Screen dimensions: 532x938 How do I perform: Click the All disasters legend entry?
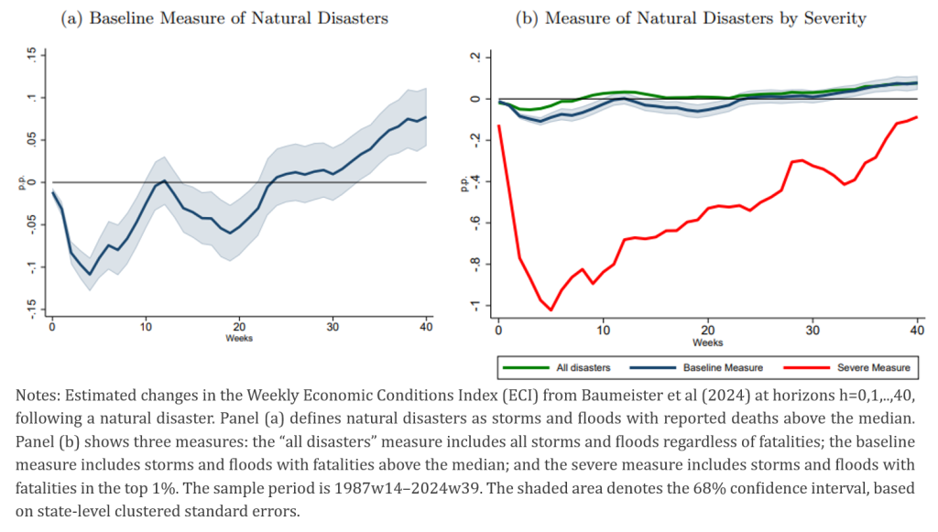[x=583, y=367]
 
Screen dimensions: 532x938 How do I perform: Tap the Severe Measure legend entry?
[x=874, y=367]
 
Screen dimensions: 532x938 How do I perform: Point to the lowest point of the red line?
[x=551, y=309]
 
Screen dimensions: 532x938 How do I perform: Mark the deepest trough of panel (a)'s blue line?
[x=90, y=274]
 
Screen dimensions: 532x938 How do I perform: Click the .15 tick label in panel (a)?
[x=30, y=57]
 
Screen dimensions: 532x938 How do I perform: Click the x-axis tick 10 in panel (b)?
[x=603, y=327]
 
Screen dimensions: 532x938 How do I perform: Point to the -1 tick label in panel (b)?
[x=474, y=305]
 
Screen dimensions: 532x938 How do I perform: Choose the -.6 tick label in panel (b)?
[x=474, y=223]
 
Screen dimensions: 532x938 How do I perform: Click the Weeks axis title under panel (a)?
[x=240, y=338]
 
